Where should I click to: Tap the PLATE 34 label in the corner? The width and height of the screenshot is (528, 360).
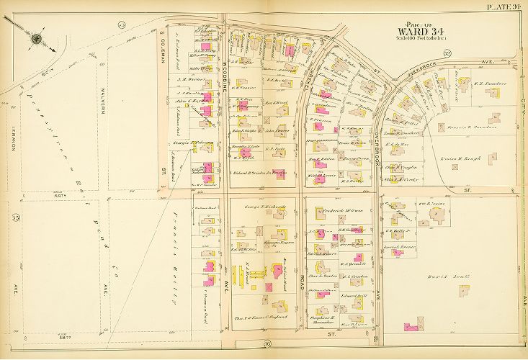tap(503, 6)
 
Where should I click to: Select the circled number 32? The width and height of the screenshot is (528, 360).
tap(447, 54)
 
